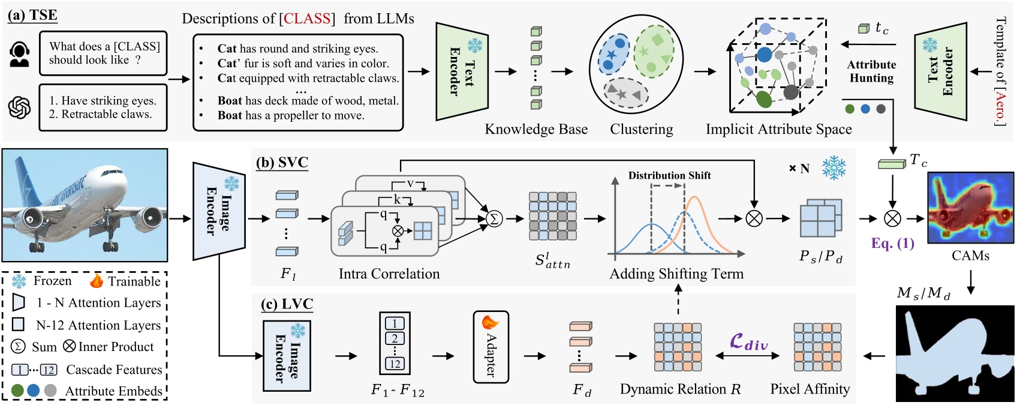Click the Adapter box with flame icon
[x=491, y=347]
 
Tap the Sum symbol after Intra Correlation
[x=494, y=219]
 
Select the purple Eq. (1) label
[x=892, y=243]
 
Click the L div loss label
[x=748, y=343]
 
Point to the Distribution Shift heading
[x=669, y=175]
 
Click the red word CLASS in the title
[x=307, y=19]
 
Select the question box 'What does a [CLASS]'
[x=103, y=53]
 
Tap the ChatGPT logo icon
[x=19, y=108]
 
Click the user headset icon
[x=19, y=54]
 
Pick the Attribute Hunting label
[x=871, y=71]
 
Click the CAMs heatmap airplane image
[x=970, y=208]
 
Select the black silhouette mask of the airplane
[x=955, y=353]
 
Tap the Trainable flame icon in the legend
[x=96, y=281]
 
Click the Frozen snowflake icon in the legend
[x=19, y=281]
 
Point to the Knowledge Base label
[x=535, y=129]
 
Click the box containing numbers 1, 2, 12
[x=395, y=343]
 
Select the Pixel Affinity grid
[x=817, y=347]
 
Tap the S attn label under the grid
[x=552, y=260]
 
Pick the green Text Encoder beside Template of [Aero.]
[x=940, y=71]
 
